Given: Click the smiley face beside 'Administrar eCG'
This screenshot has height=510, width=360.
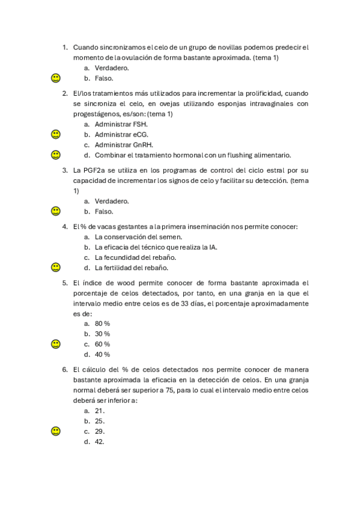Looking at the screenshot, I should (55, 134).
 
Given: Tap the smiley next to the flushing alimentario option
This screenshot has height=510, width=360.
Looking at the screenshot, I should (55, 155).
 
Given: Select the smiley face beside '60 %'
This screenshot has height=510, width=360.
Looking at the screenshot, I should (55, 344).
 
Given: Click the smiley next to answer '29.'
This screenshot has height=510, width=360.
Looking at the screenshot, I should (55, 431).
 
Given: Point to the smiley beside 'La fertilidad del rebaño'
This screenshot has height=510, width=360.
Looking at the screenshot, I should (55, 267).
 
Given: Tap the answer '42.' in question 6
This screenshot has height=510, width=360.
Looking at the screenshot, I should (100, 441).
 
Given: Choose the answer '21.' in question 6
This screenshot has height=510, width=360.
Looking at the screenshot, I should (100, 411).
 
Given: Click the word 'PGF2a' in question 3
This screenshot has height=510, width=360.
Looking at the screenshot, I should (97, 170).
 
